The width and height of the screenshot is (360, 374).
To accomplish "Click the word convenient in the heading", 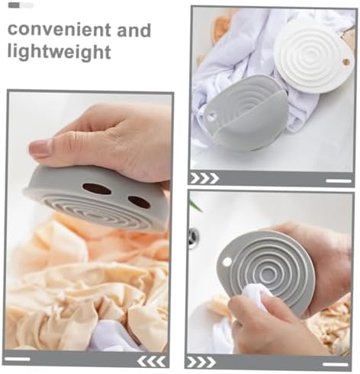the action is pos(59,29).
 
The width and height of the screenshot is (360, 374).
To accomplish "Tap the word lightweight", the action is pos(59,52).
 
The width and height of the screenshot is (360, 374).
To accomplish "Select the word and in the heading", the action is pos(134,30).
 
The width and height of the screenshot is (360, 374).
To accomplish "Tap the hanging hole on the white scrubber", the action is pos(346,62).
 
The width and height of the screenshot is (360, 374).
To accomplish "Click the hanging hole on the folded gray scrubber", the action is pos(211,117).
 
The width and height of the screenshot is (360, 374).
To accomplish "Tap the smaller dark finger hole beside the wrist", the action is pos(139,201).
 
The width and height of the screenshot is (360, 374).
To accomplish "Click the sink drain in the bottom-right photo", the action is pos(193,235).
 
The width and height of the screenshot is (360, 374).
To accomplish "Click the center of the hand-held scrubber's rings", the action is pos(268,273).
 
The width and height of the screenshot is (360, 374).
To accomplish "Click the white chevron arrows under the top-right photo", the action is pos(204,178).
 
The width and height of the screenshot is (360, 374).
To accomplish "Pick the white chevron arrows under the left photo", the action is pos(151,361).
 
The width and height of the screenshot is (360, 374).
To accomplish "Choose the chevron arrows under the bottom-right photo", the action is pos(201,362).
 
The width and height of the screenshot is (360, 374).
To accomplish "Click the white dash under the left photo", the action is pos(18,359).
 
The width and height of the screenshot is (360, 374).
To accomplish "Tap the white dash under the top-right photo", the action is pos(339,181).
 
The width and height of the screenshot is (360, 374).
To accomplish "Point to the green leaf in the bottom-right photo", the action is pos(196,205).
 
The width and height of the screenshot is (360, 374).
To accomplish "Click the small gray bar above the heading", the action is pos(21,5).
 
